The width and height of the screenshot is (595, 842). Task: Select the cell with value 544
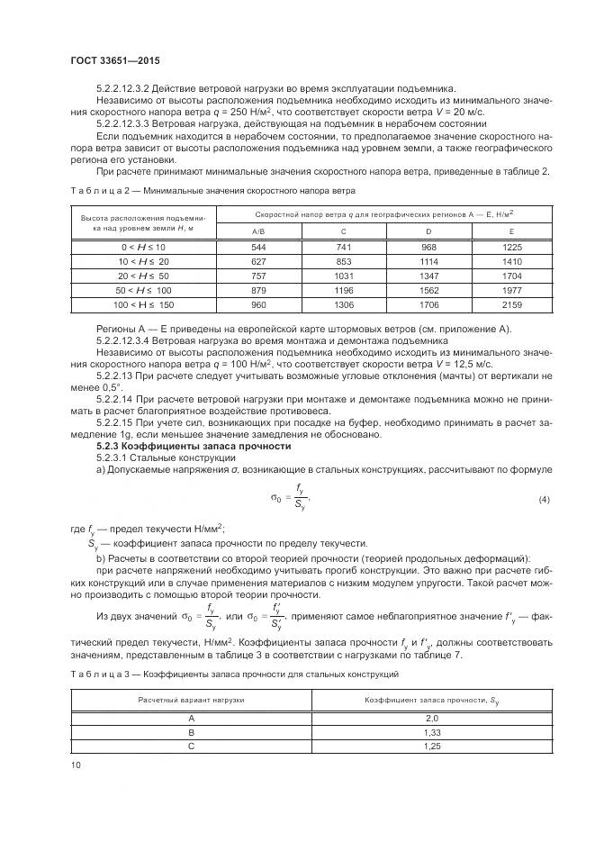click(232, 247)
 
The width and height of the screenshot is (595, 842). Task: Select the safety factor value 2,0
click(431, 719)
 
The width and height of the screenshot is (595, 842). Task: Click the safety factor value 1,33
click(431, 733)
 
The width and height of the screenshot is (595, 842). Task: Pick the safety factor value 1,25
click(431, 747)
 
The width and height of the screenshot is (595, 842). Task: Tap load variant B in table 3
click(191, 733)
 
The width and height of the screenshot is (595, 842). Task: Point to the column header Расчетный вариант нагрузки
click(191, 700)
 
